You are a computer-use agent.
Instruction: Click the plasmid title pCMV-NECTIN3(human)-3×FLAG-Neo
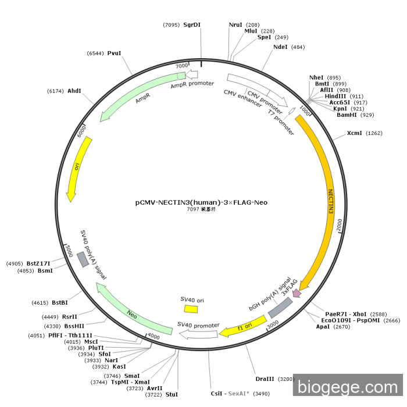[201, 202]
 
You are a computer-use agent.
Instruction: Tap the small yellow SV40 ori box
[191, 309]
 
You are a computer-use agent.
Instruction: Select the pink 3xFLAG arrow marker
[297, 293]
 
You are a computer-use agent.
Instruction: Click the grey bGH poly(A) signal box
[280, 308]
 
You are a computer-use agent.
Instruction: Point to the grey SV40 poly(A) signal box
[83, 259]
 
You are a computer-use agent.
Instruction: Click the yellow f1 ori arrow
[243, 326]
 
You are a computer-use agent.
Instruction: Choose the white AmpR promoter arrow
[191, 74]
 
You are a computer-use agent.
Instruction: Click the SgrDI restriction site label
[192, 24]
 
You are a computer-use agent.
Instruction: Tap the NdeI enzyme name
[280, 47]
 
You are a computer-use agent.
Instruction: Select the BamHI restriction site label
[347, 115]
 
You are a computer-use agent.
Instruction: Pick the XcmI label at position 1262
[354, 133]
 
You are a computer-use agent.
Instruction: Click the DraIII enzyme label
[265, 379]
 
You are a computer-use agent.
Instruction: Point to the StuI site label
[172, 395]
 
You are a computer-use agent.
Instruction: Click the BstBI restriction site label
[60, 303]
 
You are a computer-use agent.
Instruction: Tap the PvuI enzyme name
[114, 53]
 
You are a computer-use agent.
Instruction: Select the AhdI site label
[74, 91]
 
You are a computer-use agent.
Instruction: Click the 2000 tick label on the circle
[340, 224]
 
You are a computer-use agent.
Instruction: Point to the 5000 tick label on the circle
[69, 251]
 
